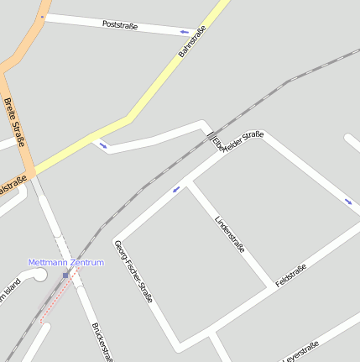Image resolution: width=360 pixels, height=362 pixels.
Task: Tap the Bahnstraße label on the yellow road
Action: coord(192,41)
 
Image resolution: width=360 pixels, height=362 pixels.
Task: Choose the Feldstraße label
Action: coord(290,275)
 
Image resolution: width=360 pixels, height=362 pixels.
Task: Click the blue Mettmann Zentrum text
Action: coord(65,263)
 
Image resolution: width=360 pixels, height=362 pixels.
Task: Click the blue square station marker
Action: coord(65,275)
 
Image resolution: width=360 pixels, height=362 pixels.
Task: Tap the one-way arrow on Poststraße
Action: coord(184,33)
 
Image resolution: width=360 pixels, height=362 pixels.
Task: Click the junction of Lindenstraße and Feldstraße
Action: coord(270,284)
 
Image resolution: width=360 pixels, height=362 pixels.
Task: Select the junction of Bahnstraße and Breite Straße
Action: coord(31,172)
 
